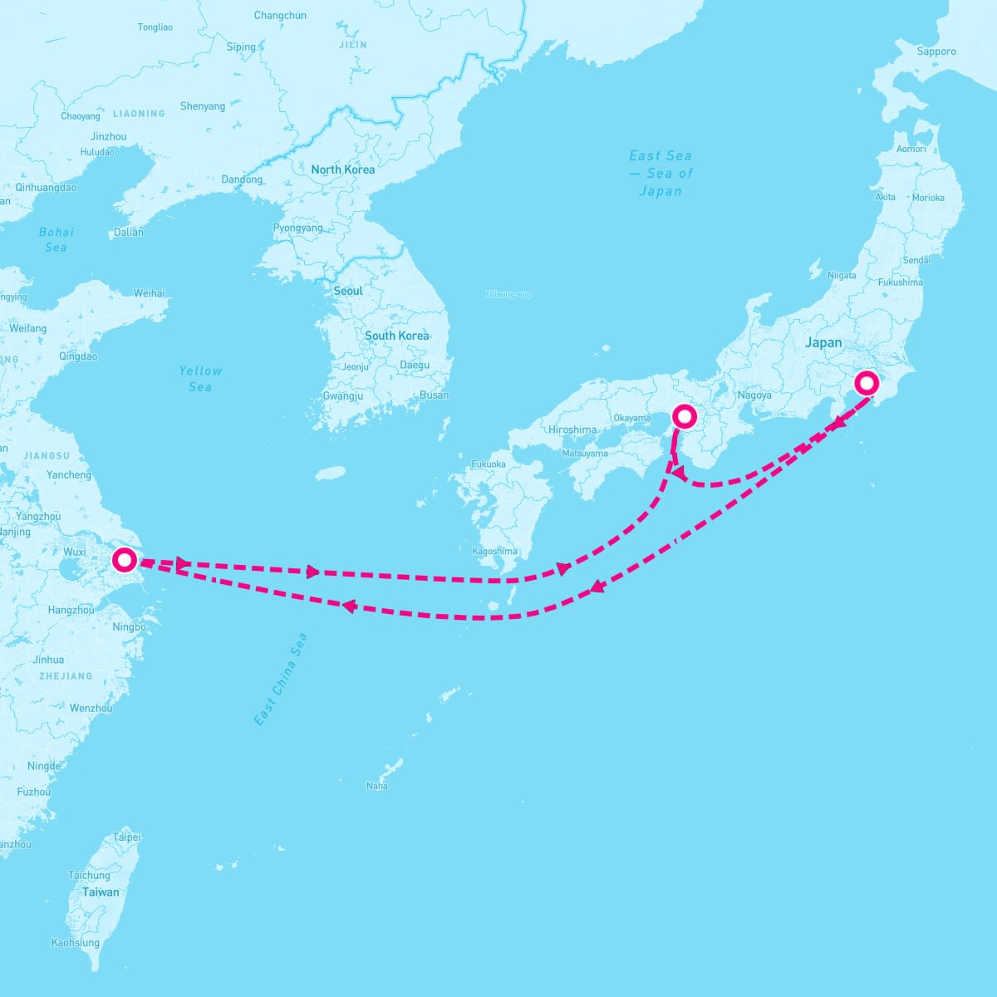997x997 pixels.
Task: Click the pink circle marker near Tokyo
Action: click(867, 383)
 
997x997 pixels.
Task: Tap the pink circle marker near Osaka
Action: click(683, 416)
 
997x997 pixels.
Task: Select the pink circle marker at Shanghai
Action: click(124, 560)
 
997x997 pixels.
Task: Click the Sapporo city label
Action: click(936, 52)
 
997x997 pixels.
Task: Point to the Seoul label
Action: click(348, 292)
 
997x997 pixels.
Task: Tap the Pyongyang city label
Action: click(297, 228)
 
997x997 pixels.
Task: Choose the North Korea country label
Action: click(342, 169)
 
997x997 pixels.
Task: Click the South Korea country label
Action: click(396, 336)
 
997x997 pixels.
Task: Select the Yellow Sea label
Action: click(200, 379)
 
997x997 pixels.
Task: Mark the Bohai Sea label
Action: click(56, 239)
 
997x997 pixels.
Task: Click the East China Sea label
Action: click(281, 680)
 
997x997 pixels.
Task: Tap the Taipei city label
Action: click(127, 837)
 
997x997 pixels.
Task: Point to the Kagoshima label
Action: click(494, 552)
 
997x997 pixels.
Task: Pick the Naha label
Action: click(376, 786)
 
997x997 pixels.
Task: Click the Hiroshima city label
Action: click(572, 430)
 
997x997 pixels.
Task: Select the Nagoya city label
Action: click(754, 395)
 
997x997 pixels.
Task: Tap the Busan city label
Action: click(434, 395)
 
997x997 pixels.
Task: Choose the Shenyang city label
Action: click(203, 106)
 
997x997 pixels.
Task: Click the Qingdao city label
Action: click(78, 356)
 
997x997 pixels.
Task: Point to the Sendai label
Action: click(916, 260)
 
